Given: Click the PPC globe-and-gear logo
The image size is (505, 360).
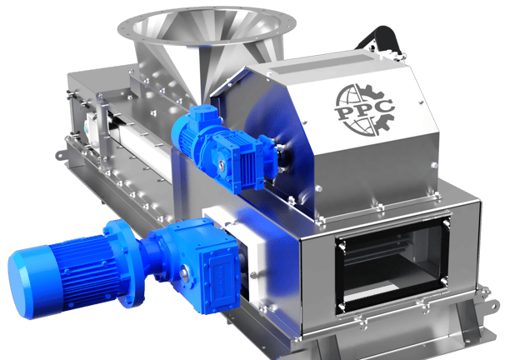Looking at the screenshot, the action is tap(364, 110).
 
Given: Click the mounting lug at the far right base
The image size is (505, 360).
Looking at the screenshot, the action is tap(492, 306).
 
